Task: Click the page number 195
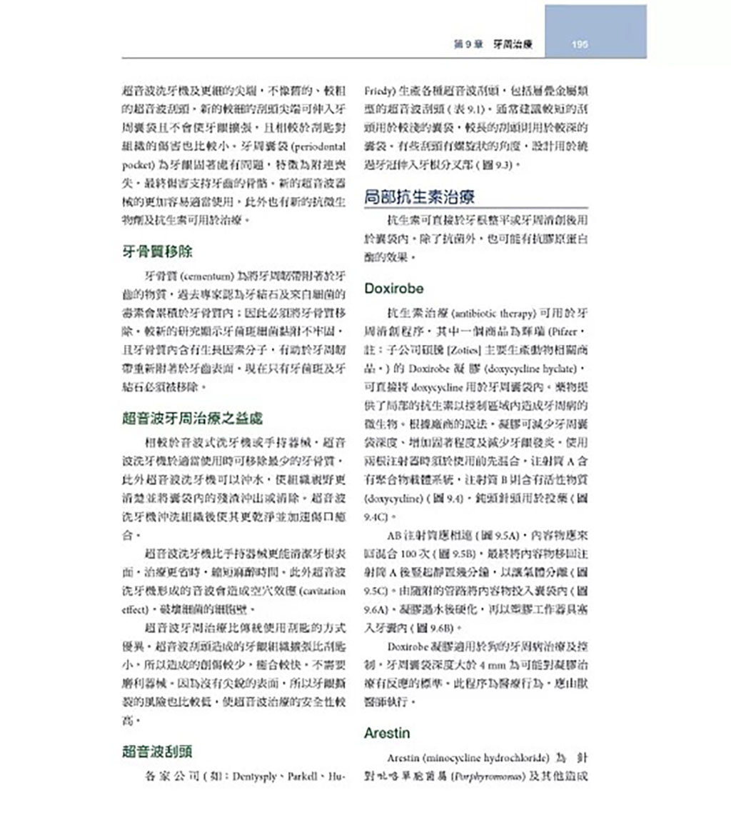coord(580,44)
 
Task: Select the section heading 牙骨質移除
coord(157,251)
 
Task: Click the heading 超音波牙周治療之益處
coord(192,419)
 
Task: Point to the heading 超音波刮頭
coord(157,751)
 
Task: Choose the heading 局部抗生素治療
coord(420,196)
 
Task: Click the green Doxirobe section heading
coord(394,289)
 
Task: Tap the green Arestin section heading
coord(386,733)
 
